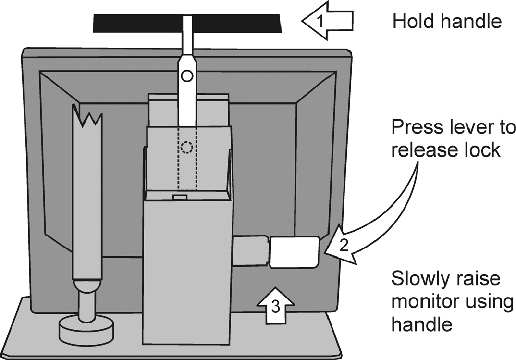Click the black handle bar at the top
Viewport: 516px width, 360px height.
coord(131,22)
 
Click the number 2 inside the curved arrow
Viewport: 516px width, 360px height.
coord(343,245)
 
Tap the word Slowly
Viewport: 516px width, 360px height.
coord(421,279)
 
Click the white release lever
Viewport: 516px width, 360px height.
coord(295,252)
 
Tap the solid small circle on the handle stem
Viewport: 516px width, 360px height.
coord(187,76)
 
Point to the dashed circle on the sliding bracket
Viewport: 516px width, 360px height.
coord(187,147)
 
